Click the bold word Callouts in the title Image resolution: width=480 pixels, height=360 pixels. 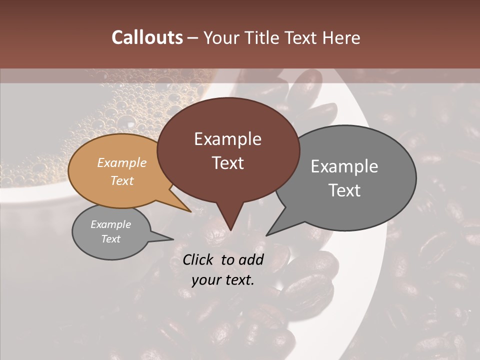pyautogui.click(x=147, y=37)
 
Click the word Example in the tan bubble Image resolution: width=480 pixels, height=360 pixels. pyautogui.click(x=122, y=162)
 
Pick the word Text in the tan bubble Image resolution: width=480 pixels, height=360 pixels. pyautogui.click(x=122, y=180)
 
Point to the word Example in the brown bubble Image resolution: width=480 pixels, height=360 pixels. pyautogui.click(x=227, y=139)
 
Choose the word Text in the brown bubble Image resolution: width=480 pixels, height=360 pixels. pyautogui.click(x=227, y=163)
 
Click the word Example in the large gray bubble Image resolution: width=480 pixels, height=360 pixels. pyautogui.click(x=344, y=166)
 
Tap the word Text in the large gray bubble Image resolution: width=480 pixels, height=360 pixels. pyautogui.click(x=344, y=190)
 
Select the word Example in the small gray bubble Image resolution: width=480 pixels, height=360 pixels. pyautogui.click(x=110, y=224)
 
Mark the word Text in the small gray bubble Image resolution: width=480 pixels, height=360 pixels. pyautogui.click(x=110, y=239)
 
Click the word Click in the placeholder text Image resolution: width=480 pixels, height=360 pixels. pyautogui.click(x=198, y=259)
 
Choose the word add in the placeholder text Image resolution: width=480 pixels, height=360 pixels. pyautogui.click(x=251, y=259)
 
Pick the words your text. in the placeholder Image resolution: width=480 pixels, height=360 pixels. pyautogui.click(x=223, y=280)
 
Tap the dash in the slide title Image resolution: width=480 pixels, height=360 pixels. pyautogui.click(x=193, y=37)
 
